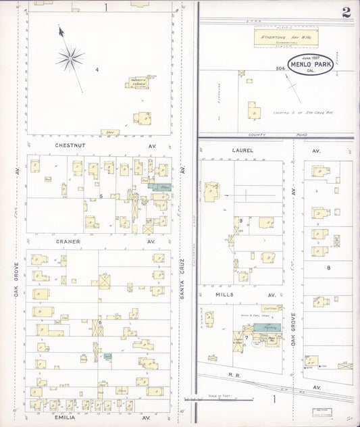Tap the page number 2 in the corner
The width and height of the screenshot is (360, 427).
point(346,11)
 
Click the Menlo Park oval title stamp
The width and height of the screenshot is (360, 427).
point(311,65)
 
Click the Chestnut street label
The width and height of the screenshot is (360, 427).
point(68,144)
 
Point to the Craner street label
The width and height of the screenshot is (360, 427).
point(68,241)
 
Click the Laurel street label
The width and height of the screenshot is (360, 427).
point(241,151)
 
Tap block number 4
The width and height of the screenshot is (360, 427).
point(97,70)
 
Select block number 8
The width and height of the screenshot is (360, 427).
point(328,268)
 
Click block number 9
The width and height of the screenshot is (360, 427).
point(240,220)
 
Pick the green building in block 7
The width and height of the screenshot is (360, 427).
point(270,326)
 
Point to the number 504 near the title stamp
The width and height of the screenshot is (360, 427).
point(280,68)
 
